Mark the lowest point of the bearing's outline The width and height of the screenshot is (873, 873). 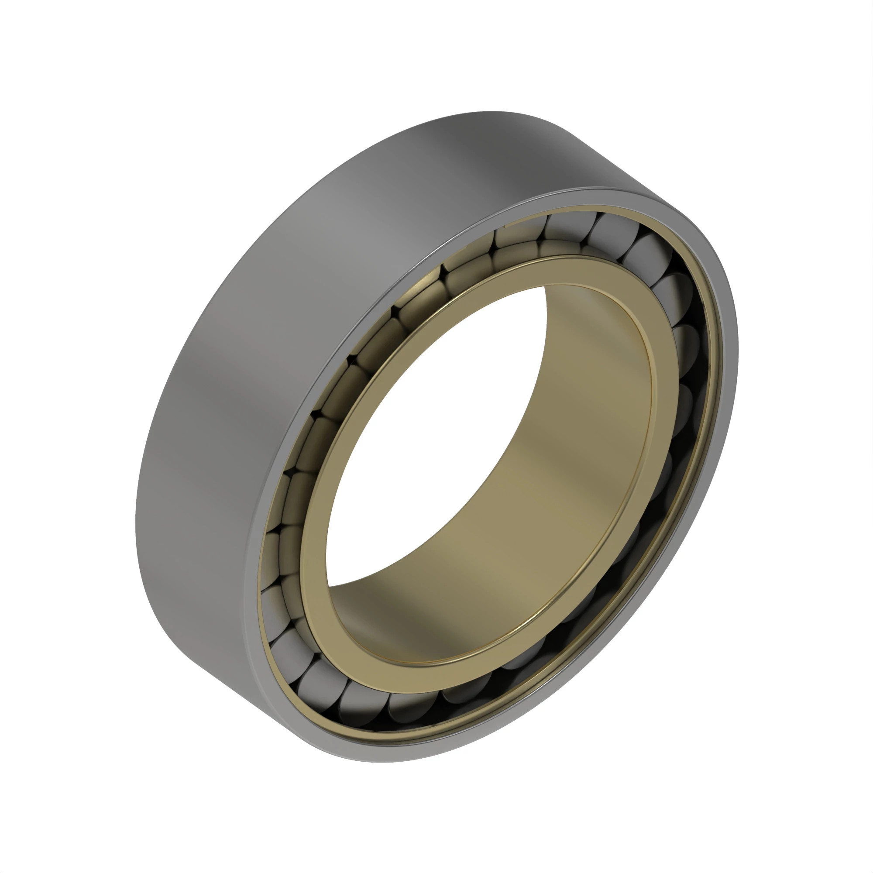[384, 763]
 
